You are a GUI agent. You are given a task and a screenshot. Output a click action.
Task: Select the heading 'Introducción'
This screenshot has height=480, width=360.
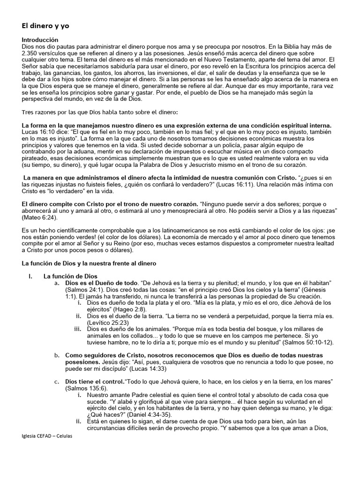click(40, 40)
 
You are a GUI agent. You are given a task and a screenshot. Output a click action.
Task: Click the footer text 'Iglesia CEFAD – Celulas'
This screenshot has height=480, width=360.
click(47, 435)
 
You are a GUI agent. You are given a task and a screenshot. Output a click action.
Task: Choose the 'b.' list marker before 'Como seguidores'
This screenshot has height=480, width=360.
click(57, 355)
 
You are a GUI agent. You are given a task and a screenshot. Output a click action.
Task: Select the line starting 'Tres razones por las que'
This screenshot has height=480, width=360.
click(98, 112)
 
